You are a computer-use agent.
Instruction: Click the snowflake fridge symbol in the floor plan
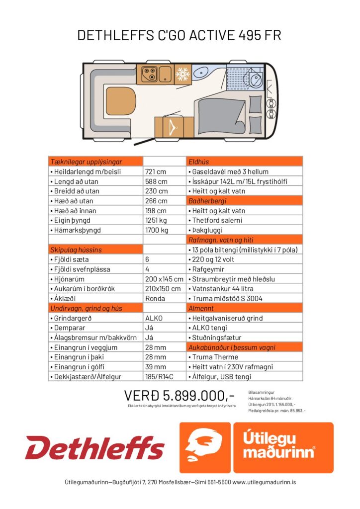[x=182, y=75]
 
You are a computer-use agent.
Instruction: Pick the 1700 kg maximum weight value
[x=157, y=230]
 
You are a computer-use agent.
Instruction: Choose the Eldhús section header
[x=199, y=162]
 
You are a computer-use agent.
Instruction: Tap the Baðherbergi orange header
[x=207, y=201]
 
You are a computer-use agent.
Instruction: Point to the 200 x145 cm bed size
[x=164, y=279]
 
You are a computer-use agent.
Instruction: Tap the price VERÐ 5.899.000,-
[x=179, y=396]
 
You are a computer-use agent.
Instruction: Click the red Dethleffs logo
[x=95, y=448]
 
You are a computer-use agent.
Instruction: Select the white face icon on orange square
[x=204, y=447]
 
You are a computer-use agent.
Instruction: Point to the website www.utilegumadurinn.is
[x=264, y=482]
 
